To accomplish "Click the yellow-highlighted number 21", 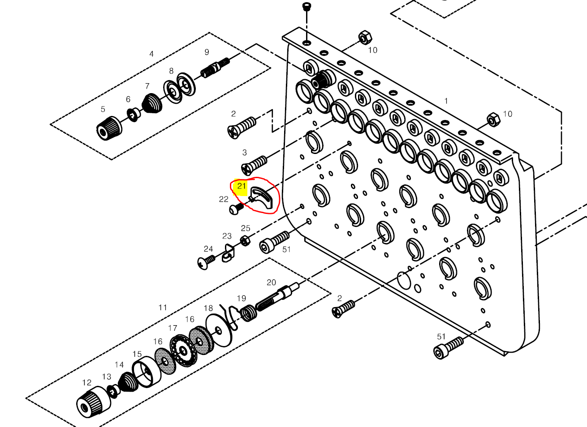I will pos(242,186).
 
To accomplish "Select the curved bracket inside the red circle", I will pos(263,198).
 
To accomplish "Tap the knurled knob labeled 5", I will pos(108,127).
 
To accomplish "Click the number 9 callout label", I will pos(207,52).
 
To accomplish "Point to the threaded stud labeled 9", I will pos(215,68).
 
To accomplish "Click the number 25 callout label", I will pos(246,228).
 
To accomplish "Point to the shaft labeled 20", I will pos(280,295).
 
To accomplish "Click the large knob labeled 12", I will pos(93,401).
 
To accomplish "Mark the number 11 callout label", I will pos(163,307).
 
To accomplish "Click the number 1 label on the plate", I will pos(446,101).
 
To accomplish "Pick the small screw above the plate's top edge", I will pos(307,6).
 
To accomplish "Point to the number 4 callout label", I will pos(151,54).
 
